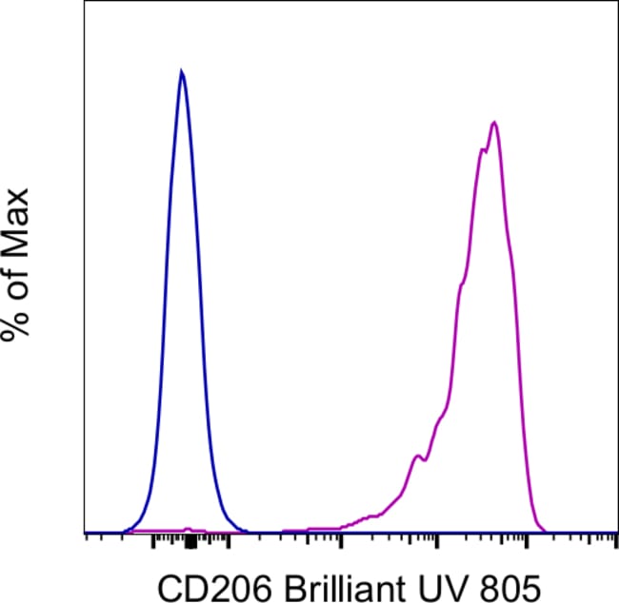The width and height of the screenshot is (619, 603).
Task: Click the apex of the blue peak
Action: [x=181, y=70]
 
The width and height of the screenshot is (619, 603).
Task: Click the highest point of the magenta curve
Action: [x=493, y=122]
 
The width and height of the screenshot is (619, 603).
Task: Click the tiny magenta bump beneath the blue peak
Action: [x=188, y=528]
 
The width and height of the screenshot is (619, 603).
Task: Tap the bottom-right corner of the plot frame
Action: [x=617, y=534]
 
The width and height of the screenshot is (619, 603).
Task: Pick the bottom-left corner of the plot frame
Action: [x=87, y=534]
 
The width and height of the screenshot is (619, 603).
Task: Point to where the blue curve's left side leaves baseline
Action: [x=122, y=531]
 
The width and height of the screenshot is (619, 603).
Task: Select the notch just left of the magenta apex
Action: [x=486, y=149]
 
